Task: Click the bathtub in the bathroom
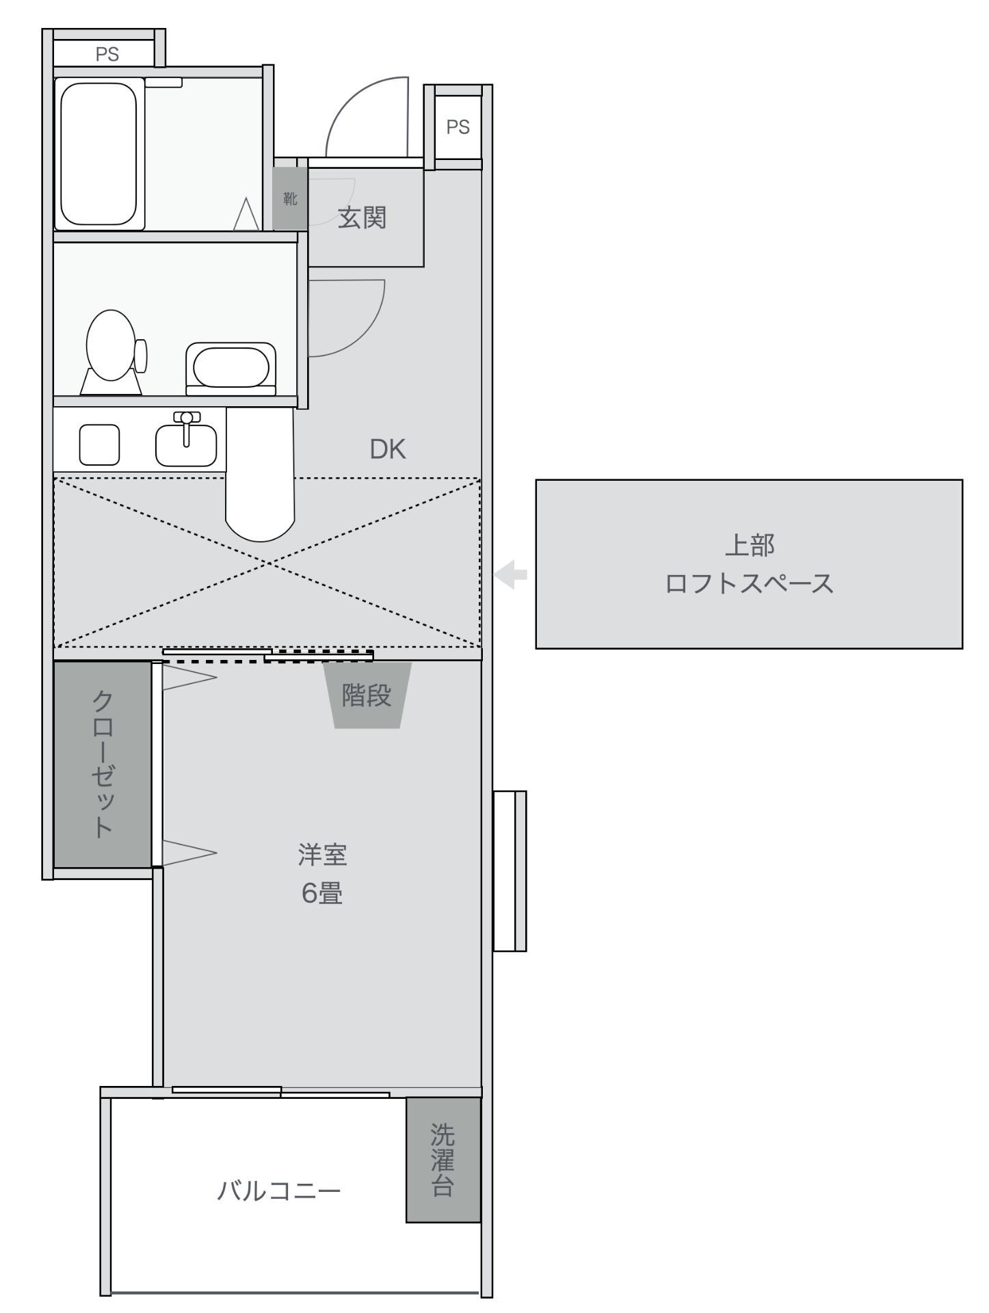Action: (x=100, y=153)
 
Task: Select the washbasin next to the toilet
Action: (x=231, y=368)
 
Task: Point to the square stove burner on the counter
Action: (x=99, y=445)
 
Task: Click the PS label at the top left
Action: (x=107, y=54)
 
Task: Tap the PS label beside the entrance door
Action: (x=458, y=127)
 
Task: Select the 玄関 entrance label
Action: (x=362, y=217)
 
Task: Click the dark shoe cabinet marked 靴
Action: (x=290, y=199)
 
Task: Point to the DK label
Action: (x=388, y=449)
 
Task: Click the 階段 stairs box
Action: (x=367, y=695)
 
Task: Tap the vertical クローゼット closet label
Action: (x=103, y=764)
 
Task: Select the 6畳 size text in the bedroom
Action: (x=322, y=893)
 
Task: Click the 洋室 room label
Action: (x=322, y=855)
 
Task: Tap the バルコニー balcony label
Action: (x=279, y=1191)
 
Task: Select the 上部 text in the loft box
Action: (x=750, y=545)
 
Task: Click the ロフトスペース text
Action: (x=750, y=584)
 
